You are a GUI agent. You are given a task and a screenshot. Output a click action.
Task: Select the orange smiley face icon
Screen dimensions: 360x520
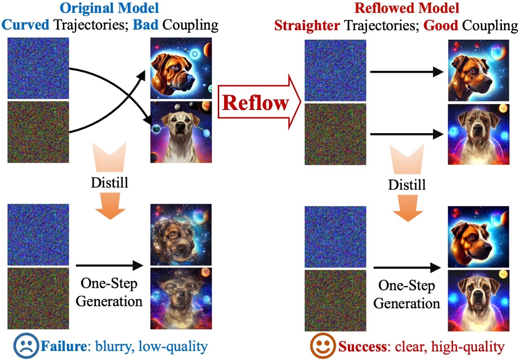point(323,345)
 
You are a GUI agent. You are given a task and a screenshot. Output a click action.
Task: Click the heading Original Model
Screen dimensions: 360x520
point(108,9)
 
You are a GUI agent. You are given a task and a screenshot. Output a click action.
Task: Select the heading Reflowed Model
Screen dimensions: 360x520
point(408,9)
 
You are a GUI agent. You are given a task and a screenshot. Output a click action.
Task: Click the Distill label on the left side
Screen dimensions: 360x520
point(109,182)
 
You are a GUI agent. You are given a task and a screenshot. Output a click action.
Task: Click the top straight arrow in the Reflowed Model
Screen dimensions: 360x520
point(407,73)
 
